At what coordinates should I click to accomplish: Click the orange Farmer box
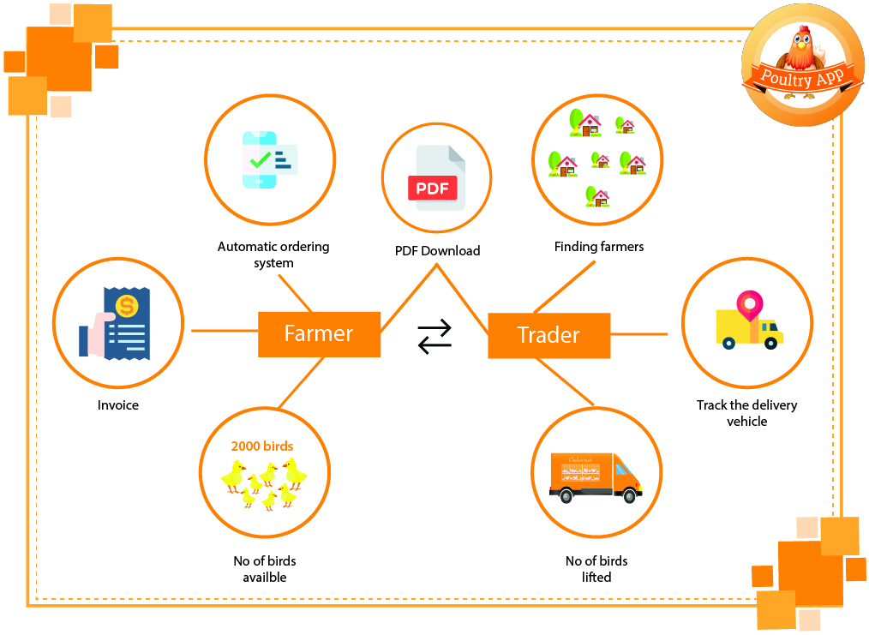[x=319, y=334]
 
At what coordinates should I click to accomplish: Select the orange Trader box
[x=548, y=335]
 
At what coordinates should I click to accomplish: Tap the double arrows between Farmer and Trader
[x=434, y=336]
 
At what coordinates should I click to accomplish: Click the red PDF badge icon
[x=432, y=188]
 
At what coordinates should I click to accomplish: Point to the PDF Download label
[x=437, y=251]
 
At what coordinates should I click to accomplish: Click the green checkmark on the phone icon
[x=260, y=160]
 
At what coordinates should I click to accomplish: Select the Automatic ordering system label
[x=273, y=255]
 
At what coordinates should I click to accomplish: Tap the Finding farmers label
[x=599, y=247]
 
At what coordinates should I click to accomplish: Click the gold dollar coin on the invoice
[x=127, y=306]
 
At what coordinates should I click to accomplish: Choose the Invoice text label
[x=118, y=405]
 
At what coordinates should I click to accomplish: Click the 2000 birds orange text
[x=262, y=446]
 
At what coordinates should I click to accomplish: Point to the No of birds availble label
[x=264, y=569]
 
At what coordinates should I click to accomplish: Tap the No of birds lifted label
[x=596, y=569]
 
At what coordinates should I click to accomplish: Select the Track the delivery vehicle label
[x=746, y=413]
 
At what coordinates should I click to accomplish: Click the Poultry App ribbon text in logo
[x=802, y=78]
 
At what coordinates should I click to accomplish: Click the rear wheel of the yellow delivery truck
[x=728, y=344]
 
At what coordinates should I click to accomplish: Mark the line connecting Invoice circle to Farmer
[x=225, y=331]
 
